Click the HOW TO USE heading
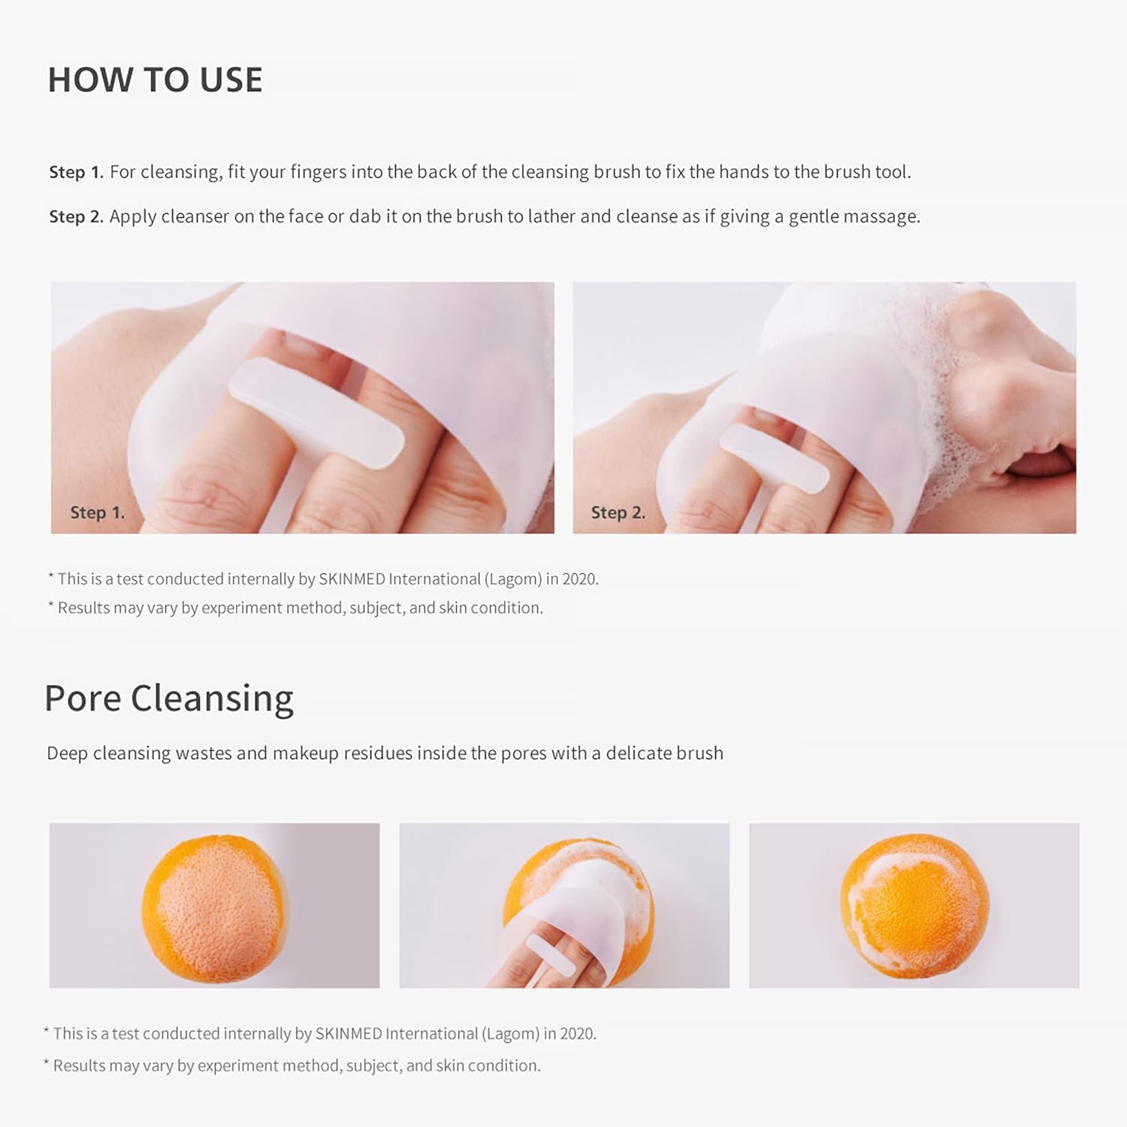[x=156, y=80]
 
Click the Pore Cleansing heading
[x=169, y=699]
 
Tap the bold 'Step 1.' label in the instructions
[x=77, y=172]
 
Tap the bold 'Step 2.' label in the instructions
[x=77, y=216]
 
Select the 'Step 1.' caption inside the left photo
[x=98, y=512]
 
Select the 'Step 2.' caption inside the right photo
[x=618, y=512]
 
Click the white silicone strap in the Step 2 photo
[x=774, y=458]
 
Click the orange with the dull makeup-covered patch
[x=215, y=908]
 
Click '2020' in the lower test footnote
[x=579, y=1034]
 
